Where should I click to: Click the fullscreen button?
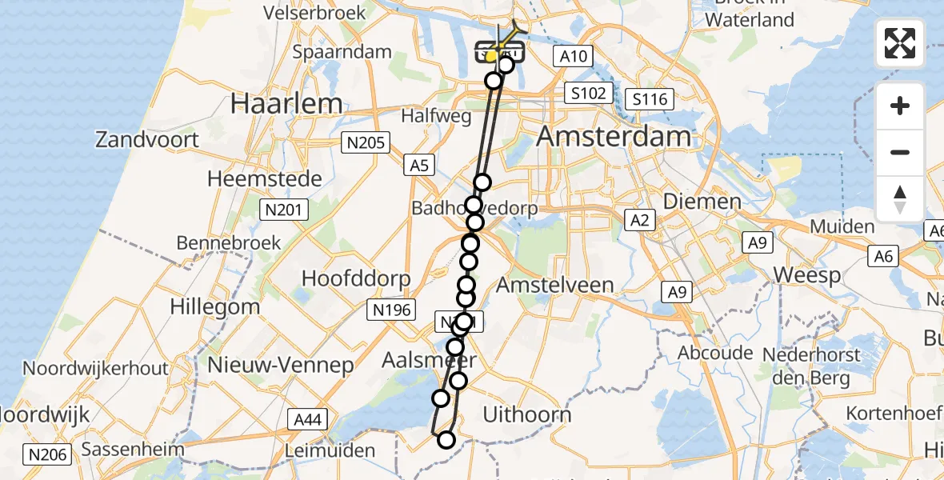tap(900, 43)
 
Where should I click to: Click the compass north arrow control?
tap(900, 198)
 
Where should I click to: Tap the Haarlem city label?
tap(286, 103)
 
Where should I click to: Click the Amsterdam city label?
tap(614, 136)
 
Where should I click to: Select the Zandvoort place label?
tap(147, 140)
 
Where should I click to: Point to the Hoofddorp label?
tap(356, 278)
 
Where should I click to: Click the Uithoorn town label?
tap(527, 414)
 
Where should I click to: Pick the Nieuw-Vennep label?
tap(281, 366)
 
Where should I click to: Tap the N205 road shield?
tap(365, 143)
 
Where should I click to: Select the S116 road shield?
tap(647, 99)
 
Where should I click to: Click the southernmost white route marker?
tap(446, 439)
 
